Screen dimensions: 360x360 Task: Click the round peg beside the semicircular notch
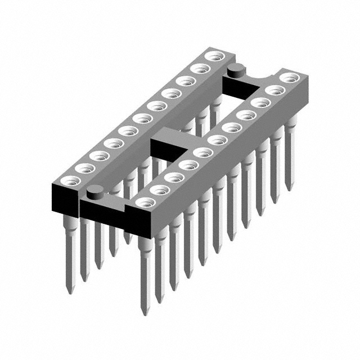pyautogui.click(x=235, y=69)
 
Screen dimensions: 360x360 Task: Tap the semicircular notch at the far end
pyautogui.click(x=260, y=73)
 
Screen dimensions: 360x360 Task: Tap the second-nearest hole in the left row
pyautogui.click(x=85, y=168)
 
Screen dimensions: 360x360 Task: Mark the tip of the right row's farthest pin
pyautogui.click(x=289, y=188)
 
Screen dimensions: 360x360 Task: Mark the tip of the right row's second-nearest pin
pyautogui.click(x=160, y=300)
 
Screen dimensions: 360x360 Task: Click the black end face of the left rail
pyautogui.click(x=65, y=197)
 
